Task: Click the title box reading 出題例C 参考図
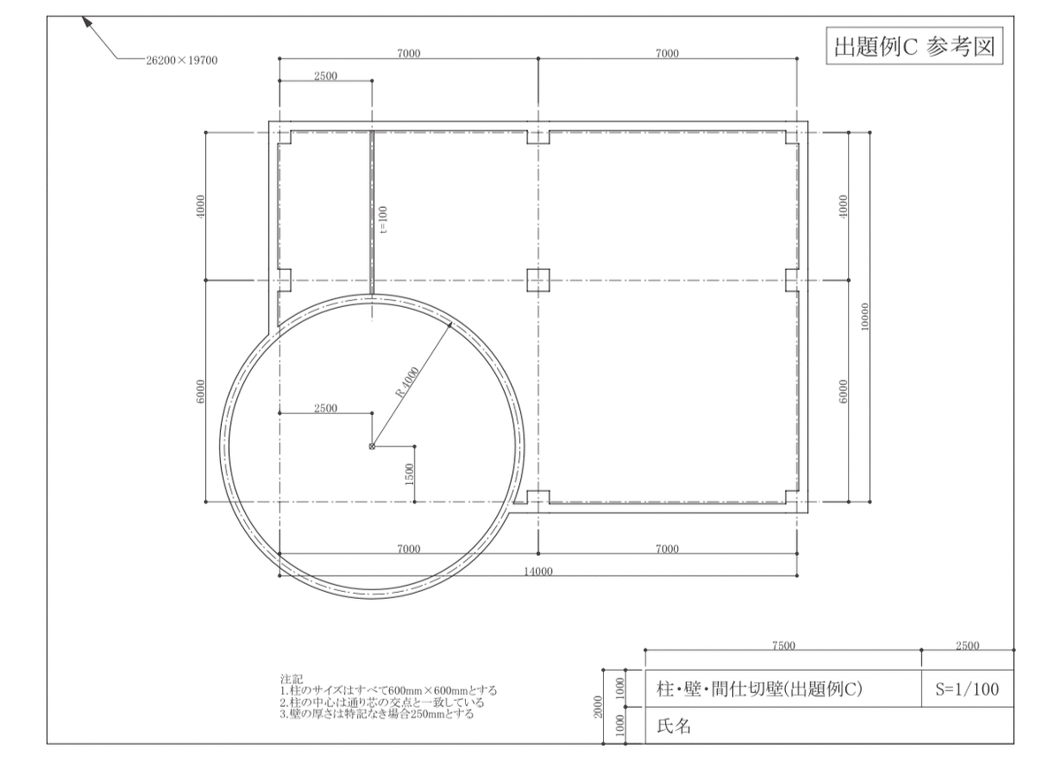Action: pyautogui.click(x=915, y=47)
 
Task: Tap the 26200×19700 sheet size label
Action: pyautogui.click(x=181, y=61)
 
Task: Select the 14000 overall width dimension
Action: pyautogui.click(x=538, y=571)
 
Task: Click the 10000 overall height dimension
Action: pyautogui.click(x=864, y=316)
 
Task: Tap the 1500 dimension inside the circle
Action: pyautogui.click(x=408, y=474)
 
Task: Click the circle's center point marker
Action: pyautogui.click(x=371, y=446)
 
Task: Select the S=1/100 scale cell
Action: pyautogui.click(x=967, y=689)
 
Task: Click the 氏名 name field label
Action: pyautogui.click(x=674, y=726)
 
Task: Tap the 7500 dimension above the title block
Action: pyautogui.click(x=783, y=646)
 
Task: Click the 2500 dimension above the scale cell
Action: pyautogui.click(x=967, y=646)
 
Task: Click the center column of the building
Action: pyautogui.click(x=538, y=281)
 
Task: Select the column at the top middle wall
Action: pyautogui.click(x=538, y=137)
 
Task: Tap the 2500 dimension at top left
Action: pyautogui.click(x=324, y=76)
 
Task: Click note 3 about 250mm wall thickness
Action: pyautogui.click(x=377, y=713)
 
